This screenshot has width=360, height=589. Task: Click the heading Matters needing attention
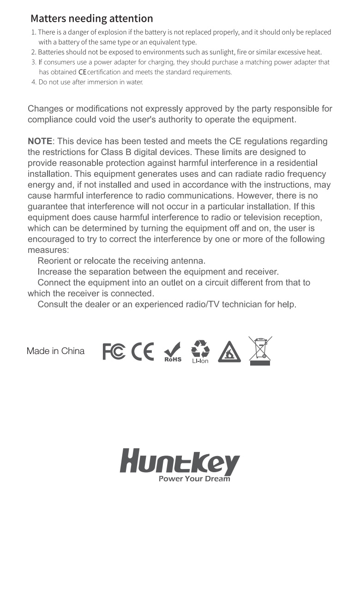point(91,18)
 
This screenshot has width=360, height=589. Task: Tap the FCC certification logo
point(114,351)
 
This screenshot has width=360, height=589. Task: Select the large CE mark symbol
point(143,352)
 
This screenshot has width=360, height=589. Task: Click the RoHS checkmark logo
point(173,352)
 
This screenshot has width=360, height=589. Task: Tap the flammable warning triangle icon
point(229,352)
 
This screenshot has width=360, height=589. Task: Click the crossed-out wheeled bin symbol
point(260,351)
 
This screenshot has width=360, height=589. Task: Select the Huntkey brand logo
point(180,462)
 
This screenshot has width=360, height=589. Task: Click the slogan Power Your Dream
point(194,479)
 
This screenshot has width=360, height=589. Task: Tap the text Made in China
point(55,351)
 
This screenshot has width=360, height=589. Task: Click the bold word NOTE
point(40,141)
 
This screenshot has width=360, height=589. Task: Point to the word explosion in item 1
point(111,32)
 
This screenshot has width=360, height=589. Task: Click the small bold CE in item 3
point(82,72)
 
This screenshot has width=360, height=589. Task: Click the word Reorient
point(54,261)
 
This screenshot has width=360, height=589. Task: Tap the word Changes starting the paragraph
point(45,109)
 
